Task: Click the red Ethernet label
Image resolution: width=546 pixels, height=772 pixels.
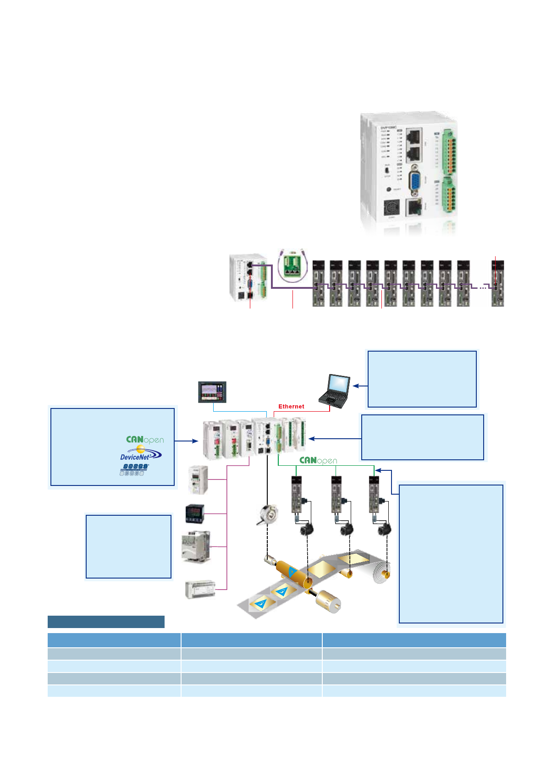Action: coord(291,407)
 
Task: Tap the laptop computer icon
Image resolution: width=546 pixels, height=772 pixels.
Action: coord(335,391)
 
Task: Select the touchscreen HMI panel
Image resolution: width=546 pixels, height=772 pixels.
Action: coord(212,392)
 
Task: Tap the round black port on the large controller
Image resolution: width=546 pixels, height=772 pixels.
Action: coord(391,209)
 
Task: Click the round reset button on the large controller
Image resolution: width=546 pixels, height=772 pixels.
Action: coord(389,189)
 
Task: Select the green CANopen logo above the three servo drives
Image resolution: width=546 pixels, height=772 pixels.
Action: coord(318,460)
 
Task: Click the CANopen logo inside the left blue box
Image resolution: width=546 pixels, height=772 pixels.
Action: coord(145,440)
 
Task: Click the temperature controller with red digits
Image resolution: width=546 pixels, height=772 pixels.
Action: coord(194,513)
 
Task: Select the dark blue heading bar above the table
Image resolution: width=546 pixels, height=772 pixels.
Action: coord(106,622)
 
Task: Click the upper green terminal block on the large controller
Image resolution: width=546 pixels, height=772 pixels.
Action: coord(449,152)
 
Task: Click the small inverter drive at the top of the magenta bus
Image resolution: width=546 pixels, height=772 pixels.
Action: coord(199,480)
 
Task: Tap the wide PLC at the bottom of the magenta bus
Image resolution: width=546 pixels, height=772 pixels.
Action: coord(200,590)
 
